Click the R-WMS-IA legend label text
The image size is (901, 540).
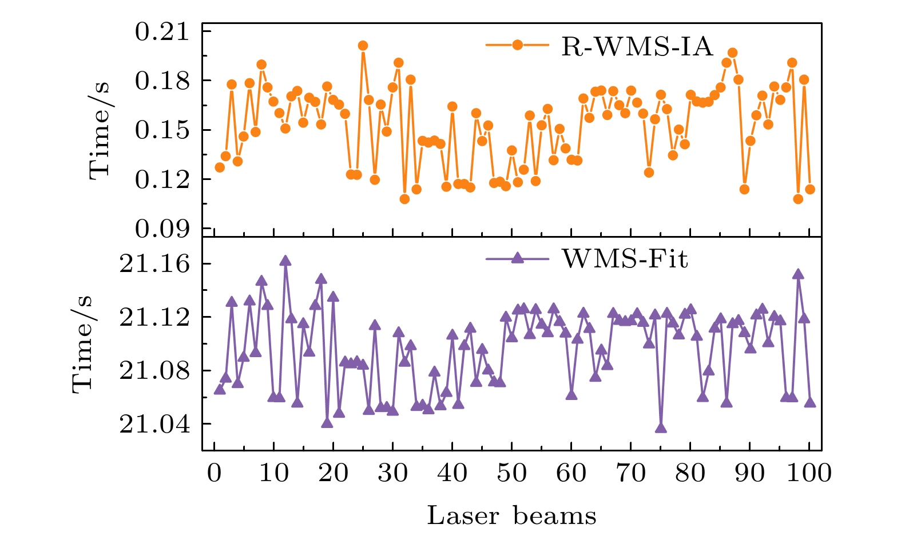pos(637,46)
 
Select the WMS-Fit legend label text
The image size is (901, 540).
pos(625,259)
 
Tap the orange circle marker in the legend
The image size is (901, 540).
pos(517,45)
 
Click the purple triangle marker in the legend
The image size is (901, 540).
pos(517,258)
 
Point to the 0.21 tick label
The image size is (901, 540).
pos(161,31)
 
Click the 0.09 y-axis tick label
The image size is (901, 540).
pos(161,229)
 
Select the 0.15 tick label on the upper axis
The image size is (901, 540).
pos(161,130)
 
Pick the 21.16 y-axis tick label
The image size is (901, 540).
pos(153,264)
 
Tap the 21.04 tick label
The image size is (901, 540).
pos(153,424)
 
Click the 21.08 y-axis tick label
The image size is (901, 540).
pos(153,370)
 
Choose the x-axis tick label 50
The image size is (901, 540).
pos(511,473)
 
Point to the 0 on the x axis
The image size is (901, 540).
pos(214,473)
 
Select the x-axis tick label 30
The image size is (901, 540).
pos(392,473)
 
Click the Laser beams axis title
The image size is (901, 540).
pos(511,516)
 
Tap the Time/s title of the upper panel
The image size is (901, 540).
pos(100,130)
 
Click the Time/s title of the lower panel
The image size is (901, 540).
pos(83,344)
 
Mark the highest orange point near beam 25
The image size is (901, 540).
pos(363,46)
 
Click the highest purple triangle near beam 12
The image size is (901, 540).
pos(285,261)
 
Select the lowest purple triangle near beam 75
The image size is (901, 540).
pos(661,428)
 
